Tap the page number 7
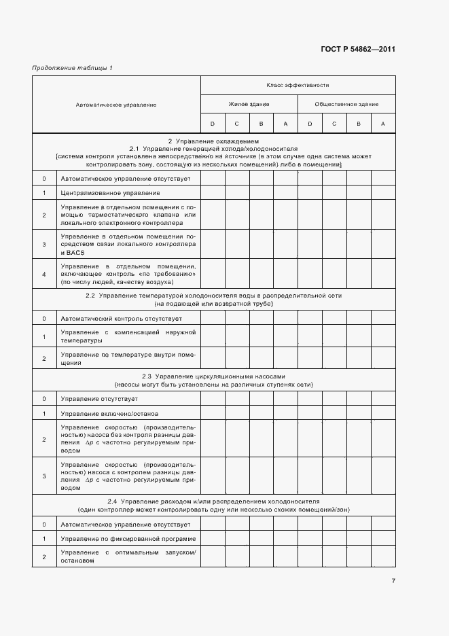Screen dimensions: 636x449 click(393, 580)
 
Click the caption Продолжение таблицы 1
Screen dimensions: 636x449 click(73, 68)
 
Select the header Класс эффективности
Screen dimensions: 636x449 click(298, 86)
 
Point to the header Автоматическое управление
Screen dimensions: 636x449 click(116, 105)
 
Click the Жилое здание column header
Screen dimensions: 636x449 click(249, 104)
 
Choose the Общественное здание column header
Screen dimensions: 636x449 click(346, 104)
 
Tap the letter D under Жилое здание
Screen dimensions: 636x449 click(212, 123)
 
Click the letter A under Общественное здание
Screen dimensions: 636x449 click(383, 123)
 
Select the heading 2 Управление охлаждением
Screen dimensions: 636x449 click(213, 141)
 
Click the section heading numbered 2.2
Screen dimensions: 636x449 click(213, 296)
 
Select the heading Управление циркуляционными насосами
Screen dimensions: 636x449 click(213, 376)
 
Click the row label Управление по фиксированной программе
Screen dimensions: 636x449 click(113, 539)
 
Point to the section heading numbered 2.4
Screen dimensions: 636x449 click(213, 501)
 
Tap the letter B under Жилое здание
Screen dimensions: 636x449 click(261, 123)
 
